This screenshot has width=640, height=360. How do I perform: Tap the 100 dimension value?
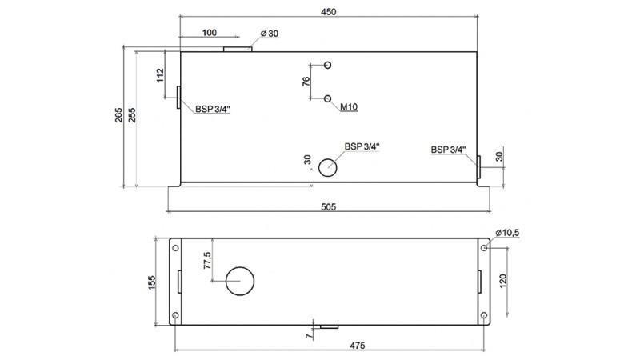[x=209, y=33]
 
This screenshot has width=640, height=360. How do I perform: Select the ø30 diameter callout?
[x=270, y=34]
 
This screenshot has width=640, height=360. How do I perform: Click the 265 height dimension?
[x=118, y=115]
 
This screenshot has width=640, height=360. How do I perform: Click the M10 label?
[x=348, y=106]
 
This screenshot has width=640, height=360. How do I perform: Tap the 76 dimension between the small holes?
[x=306, y=82]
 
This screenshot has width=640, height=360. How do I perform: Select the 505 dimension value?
[x=328, y=206]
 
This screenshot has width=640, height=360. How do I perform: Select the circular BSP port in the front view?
[x=328, y=167]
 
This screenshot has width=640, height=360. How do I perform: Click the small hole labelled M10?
[x=328, y=98]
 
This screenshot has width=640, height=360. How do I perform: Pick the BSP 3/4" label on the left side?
[x=214, y=110]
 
